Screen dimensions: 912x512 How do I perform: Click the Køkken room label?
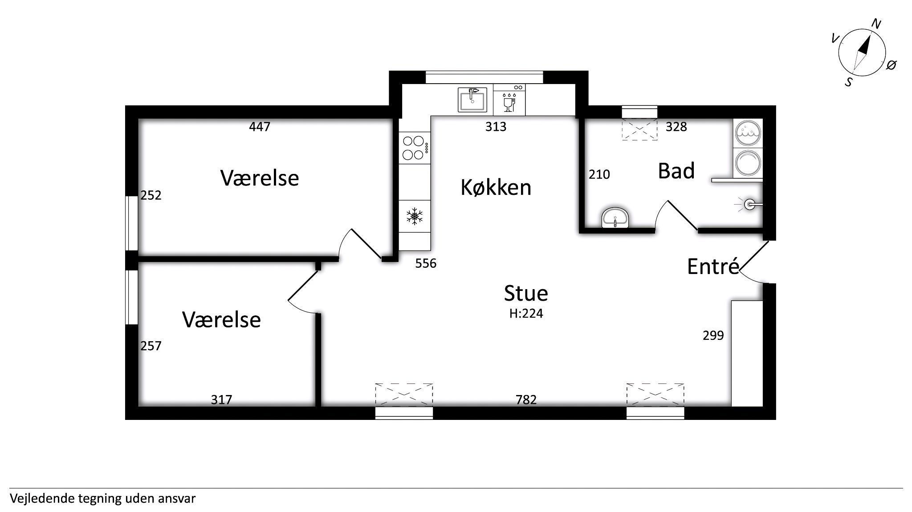(x=496, y=187)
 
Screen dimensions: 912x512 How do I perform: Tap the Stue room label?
(x=526, y=293)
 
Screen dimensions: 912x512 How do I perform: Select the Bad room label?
(x=676, y=171)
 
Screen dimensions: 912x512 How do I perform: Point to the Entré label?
(x=713, y=266)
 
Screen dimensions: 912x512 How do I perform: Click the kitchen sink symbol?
(x=472, y=100)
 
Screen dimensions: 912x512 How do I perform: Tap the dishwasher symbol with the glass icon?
(x=509, y=100)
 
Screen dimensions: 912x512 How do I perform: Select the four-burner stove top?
(x=415, y=148)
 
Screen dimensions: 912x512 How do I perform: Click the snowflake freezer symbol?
(x=415, y=216)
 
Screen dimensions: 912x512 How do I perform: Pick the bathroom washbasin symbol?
(x=615, y=218)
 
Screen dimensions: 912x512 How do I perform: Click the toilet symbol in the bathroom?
(x=750, y=205)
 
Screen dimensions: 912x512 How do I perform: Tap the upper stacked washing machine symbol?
(x=748, y=133)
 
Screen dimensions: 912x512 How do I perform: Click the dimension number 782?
(x=526, y=399)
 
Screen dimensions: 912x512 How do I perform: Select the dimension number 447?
(x=260, y=127)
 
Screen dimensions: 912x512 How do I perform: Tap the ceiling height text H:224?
(x=526, y=314)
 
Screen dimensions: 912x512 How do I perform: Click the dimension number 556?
(x=426, y=263)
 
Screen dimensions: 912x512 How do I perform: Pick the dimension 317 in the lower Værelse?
(x=221, y=399)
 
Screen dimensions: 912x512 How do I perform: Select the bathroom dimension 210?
(x=599, y=174)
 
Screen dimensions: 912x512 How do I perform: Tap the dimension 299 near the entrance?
(x=713, y=335)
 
